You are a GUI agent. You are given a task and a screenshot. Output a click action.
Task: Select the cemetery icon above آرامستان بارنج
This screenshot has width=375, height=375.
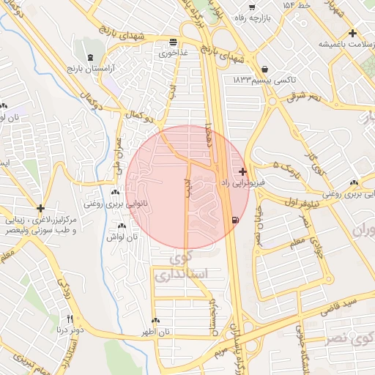pyautogui.click(x=89, y=57)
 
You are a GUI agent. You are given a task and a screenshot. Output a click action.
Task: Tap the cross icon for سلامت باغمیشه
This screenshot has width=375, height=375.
pyautogui.click(x=353, y=33)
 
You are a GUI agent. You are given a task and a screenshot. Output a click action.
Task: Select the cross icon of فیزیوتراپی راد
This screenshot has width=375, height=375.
pyautogui.click(x=243, y=171)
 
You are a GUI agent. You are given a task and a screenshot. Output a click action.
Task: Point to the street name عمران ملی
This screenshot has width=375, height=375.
pyautogui.click(x=119, y=146)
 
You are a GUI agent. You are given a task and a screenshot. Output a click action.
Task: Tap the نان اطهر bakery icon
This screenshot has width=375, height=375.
pyautogui.click(x=155, y=321)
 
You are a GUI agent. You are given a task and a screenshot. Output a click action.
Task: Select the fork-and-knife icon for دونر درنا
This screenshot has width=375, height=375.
pyautogui.click(x=70, y=319)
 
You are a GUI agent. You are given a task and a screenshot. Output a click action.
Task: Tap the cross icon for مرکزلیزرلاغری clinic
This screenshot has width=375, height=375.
pyautogui.click(x=41, y=208)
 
